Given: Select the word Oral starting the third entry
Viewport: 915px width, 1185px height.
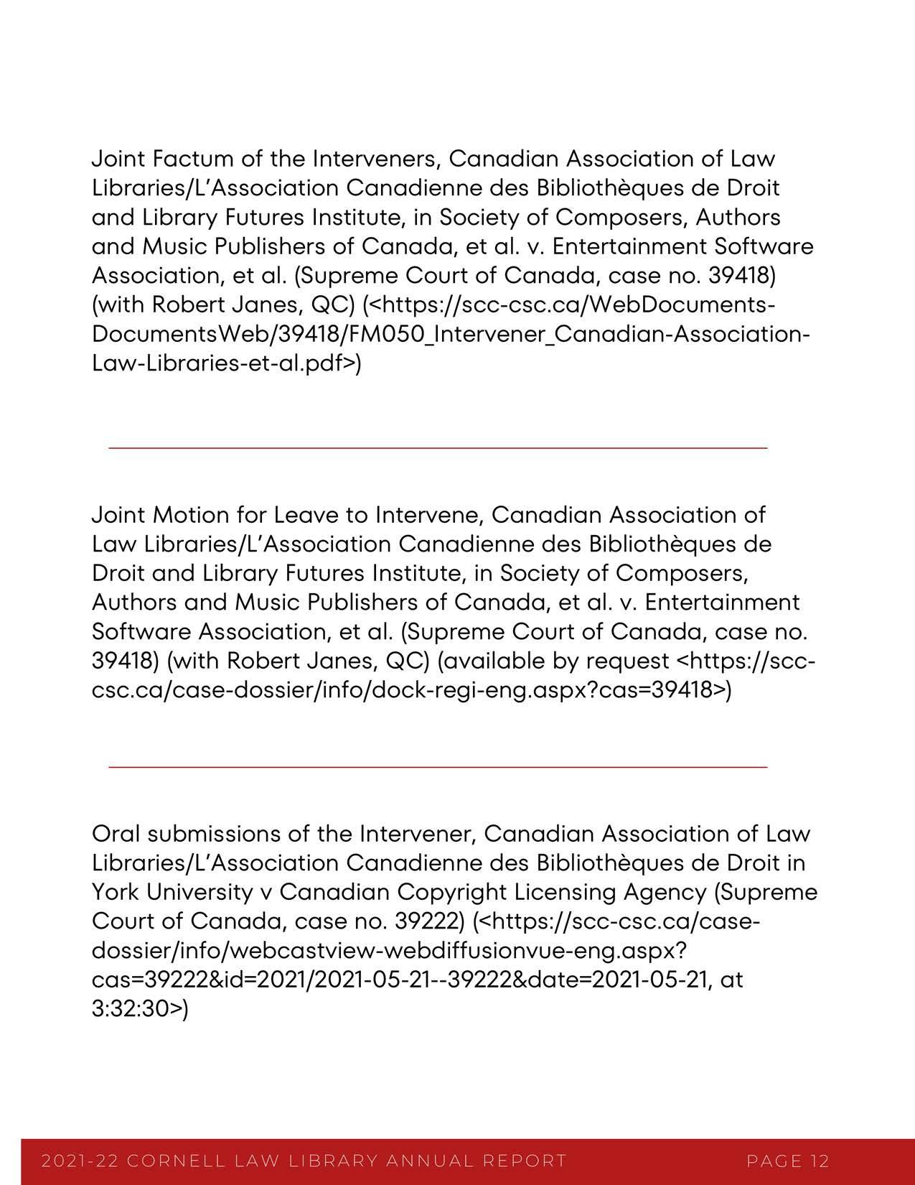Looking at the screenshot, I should pos(116,834).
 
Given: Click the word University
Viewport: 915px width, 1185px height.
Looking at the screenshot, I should pos(197,892).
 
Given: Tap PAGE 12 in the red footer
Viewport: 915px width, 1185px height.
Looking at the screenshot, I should pos(788,1161).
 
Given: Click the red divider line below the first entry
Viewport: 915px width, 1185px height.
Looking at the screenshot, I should pos(438,448).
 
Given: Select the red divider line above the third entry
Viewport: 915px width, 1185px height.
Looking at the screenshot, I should pos(438,767).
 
